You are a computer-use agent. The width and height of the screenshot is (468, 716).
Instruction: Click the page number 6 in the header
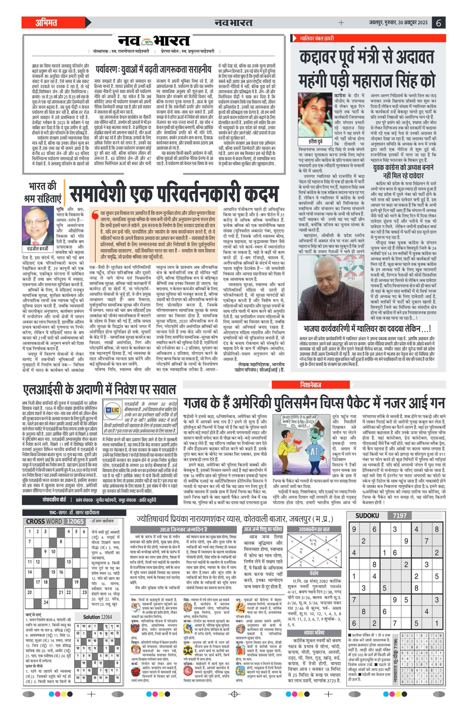point(438,23)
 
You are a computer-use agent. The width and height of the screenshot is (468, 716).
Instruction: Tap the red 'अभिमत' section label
point(46,23)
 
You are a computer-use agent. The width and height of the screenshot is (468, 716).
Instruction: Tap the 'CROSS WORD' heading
point(44,522)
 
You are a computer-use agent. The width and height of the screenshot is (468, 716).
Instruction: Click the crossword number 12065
point(75,522)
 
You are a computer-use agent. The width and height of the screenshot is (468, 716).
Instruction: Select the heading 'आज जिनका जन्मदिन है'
point(183,530)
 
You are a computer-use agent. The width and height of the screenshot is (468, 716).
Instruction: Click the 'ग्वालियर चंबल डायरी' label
point(316,39)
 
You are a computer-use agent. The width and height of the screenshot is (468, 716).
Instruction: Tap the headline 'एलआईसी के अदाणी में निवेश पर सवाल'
point(99,389)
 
